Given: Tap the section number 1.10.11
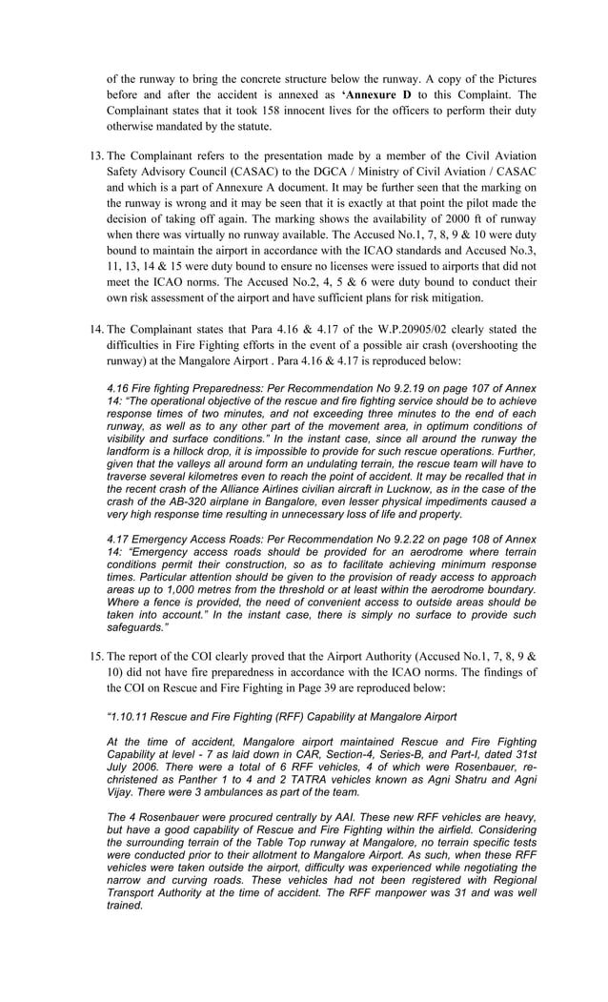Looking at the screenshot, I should tap(134, 717).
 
